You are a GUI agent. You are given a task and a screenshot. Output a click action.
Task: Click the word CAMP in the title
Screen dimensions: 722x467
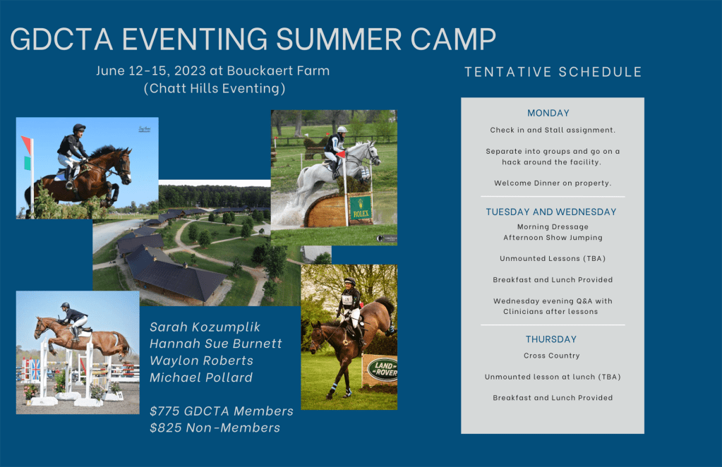coord(453,39)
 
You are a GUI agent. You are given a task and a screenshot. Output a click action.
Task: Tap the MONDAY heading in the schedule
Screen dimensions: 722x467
coord(548,113)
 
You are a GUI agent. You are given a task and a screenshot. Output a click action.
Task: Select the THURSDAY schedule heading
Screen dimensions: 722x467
coord(550,339)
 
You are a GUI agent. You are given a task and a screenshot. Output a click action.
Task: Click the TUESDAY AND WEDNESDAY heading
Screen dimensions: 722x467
coord(550,212)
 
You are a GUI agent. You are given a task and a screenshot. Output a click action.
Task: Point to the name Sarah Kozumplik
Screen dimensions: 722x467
coord(205,327)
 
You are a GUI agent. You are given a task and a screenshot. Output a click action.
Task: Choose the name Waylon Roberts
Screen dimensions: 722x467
coord(201,360)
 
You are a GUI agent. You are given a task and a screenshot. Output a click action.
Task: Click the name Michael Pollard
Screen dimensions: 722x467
coord(200,377)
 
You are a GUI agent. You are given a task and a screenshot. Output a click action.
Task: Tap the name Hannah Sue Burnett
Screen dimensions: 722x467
coord(215,344)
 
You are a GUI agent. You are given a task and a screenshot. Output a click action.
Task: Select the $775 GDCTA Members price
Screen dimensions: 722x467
coord(222,411)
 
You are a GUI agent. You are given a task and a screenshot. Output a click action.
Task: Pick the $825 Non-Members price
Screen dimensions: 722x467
coord(215,428)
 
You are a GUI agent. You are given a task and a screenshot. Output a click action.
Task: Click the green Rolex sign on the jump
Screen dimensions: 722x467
coord(360,209)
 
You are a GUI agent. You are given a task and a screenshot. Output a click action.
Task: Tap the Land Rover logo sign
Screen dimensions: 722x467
coord(383,369)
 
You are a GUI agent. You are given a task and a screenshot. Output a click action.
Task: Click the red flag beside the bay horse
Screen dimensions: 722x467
coord(26,145)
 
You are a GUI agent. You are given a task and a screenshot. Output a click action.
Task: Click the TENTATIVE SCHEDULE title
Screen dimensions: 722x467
coord(553,72)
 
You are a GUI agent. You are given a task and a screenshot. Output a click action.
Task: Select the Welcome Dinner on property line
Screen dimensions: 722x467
coord(553,183)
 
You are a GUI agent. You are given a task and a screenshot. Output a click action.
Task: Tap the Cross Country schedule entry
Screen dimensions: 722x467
coord(551,356)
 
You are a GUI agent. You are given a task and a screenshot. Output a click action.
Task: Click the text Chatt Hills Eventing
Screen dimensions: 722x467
coord(215,88)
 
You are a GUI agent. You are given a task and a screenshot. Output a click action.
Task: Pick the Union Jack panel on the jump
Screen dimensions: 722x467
coord(34,370)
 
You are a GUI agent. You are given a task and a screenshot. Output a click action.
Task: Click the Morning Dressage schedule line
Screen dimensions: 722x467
coord(553,227)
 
